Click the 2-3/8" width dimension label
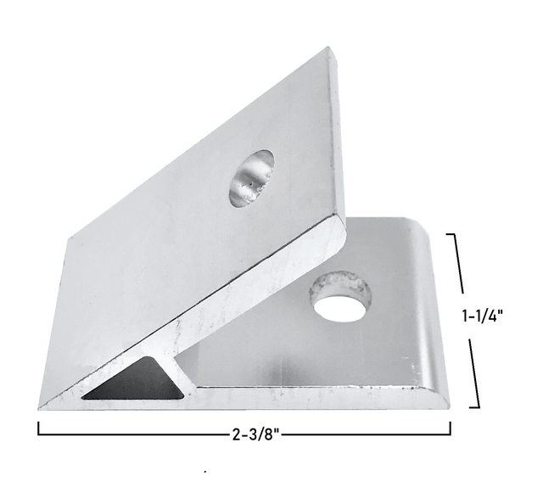pos(255,436)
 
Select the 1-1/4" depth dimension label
pos(483,316)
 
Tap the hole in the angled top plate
pos(251,178)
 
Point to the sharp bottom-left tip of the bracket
pos(42,406)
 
